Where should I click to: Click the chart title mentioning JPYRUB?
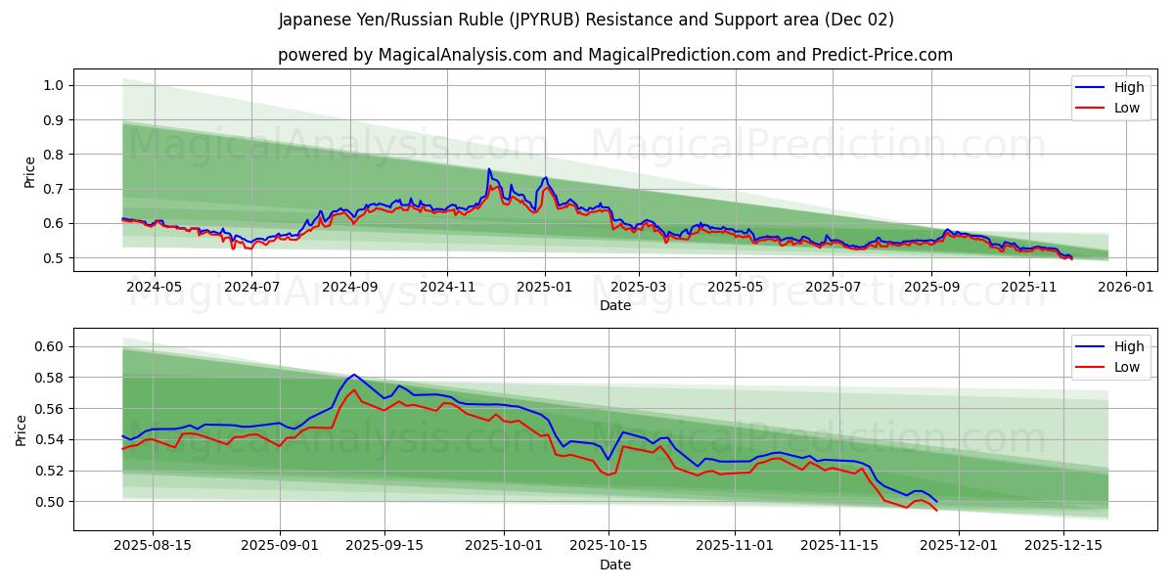pyautogui.click(x=586, y=20)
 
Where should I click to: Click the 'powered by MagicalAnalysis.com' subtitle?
pyautogui.click(x=614, y=55)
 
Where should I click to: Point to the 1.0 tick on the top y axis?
pyautogui.click(x=53, y=85)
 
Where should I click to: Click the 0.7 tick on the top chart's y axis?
pyautogui.click(x=53, y=189)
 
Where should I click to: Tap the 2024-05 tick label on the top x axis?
pyautogui.click(x=154, y=287)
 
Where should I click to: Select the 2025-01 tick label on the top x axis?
pyautogui.click(x=545, y=287)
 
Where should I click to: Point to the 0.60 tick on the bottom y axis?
pyautogui.click(x=49, y=346)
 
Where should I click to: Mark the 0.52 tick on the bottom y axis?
pyautogui.click(x=49, y=471)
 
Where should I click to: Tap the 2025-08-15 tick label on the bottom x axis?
pyautogui.click(x=152, y=546)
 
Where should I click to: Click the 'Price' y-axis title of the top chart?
pyautogui.click(x=29, y=172)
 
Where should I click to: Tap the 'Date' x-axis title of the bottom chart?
pyautogui.click(x=614, y=564)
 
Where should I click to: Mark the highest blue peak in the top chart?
pyautogui.click(x=489, y=169)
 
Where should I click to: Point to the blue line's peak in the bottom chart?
pyautogui.click(x=353, y=374)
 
